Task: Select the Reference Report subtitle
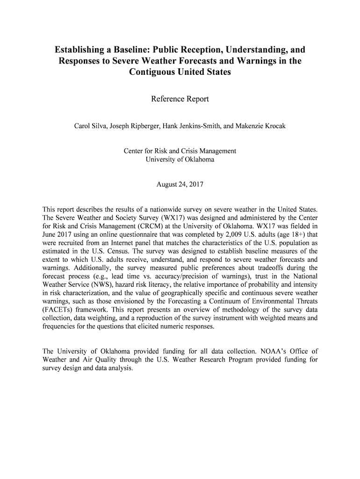tap(180, 99)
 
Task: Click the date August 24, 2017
tap(180, 184)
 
